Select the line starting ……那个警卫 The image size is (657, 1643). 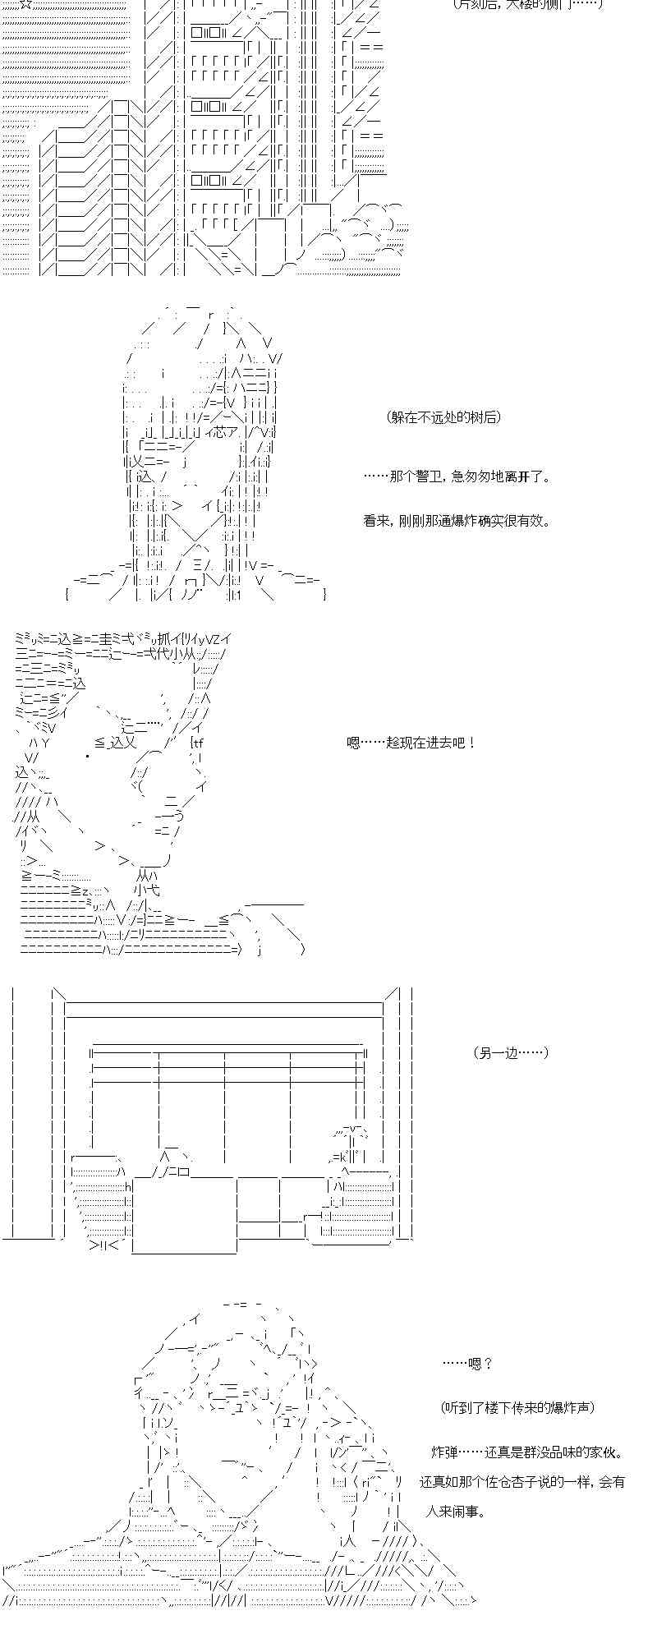pyautogui.click(x=457, y=476)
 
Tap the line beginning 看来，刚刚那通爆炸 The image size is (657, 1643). pyautogui.click(x=457, y=521)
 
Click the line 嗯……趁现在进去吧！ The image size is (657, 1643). pyautogui.click(x=411, y=743)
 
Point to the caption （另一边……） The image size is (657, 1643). pyautogui.click(x=510, y=1053)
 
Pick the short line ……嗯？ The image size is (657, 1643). pyautogui.click(x=467, y=1364)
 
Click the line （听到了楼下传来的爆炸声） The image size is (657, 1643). pyautogui.click(x=517, y=1408)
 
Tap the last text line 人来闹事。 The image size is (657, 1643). pyautogui.click(x=454, y=1512)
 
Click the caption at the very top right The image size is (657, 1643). pyautogui.click(x=528, y=4)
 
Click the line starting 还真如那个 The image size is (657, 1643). pyautogui.click(x=522, y=1482)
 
